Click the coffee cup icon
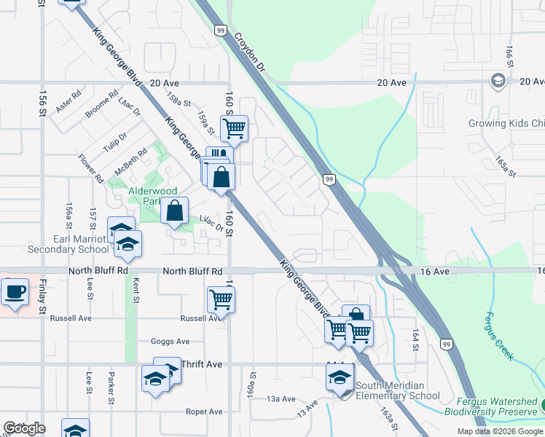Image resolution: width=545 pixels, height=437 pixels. point(15,294)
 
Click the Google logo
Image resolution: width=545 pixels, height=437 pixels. point(24,428)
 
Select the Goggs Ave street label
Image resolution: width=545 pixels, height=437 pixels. point(170,341)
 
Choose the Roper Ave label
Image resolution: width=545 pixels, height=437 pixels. point(203,412)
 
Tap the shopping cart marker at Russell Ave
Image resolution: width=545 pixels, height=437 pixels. point(220,299)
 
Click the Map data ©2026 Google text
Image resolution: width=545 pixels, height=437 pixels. point(499,431)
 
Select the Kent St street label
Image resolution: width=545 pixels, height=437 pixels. point(136,294)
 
